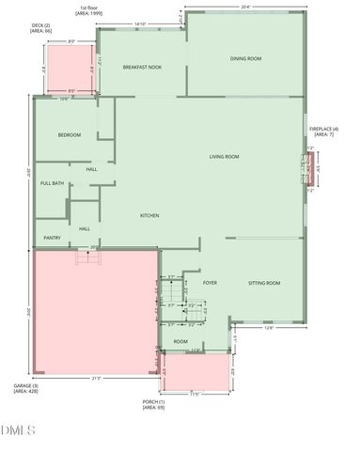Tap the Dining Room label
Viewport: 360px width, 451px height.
pos(245,59)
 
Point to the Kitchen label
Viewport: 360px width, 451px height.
pos(149,216)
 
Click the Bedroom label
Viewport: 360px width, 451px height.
pos(70,135)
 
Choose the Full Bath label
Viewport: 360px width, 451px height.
pos(52,183)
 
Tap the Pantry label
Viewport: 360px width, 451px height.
pos(53,238)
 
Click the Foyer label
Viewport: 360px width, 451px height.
pos(210,282)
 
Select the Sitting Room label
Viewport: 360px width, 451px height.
pos(264,283)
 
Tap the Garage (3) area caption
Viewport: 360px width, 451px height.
pos(25,389)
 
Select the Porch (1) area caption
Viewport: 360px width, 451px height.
pos(153,405)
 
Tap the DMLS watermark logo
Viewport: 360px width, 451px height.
pos(19,431)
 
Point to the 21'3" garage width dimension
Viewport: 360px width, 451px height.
pos(96,379)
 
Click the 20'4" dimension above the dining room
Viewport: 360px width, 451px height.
pos(245,6)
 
